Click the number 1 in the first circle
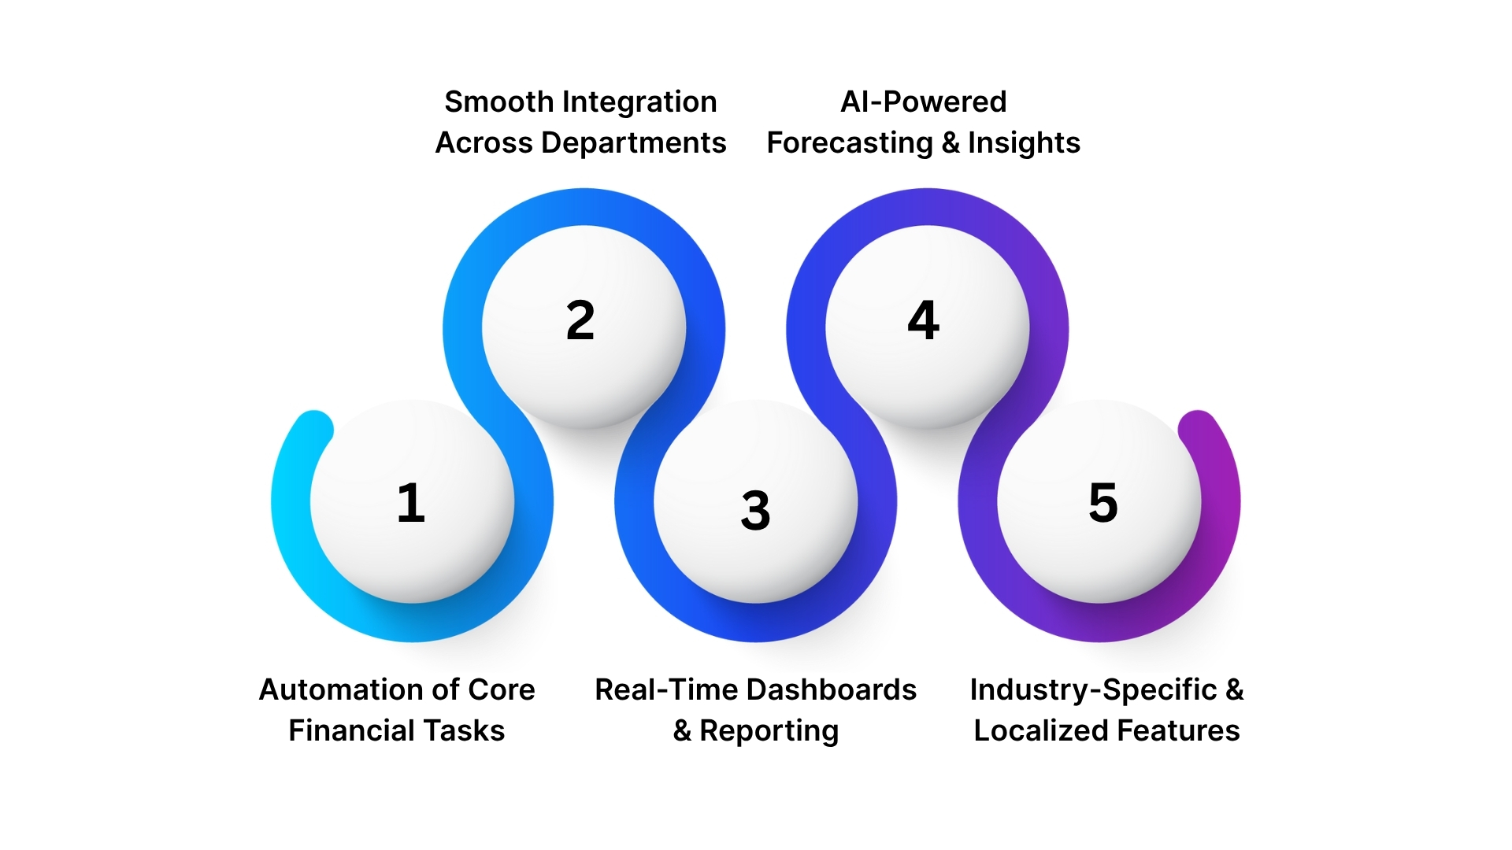[x=411, y=503]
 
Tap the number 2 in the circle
[x=580, y=321]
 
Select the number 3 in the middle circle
[x=755, y=510]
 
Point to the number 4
[x=923, y=320]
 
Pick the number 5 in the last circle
[x=1102, y=503]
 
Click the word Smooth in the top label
[x=499, y=102]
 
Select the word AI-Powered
[x=923, y=102]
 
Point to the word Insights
[x=1024, y=143]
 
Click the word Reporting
[x=769, y=731]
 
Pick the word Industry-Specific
[x=1093, y=690]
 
